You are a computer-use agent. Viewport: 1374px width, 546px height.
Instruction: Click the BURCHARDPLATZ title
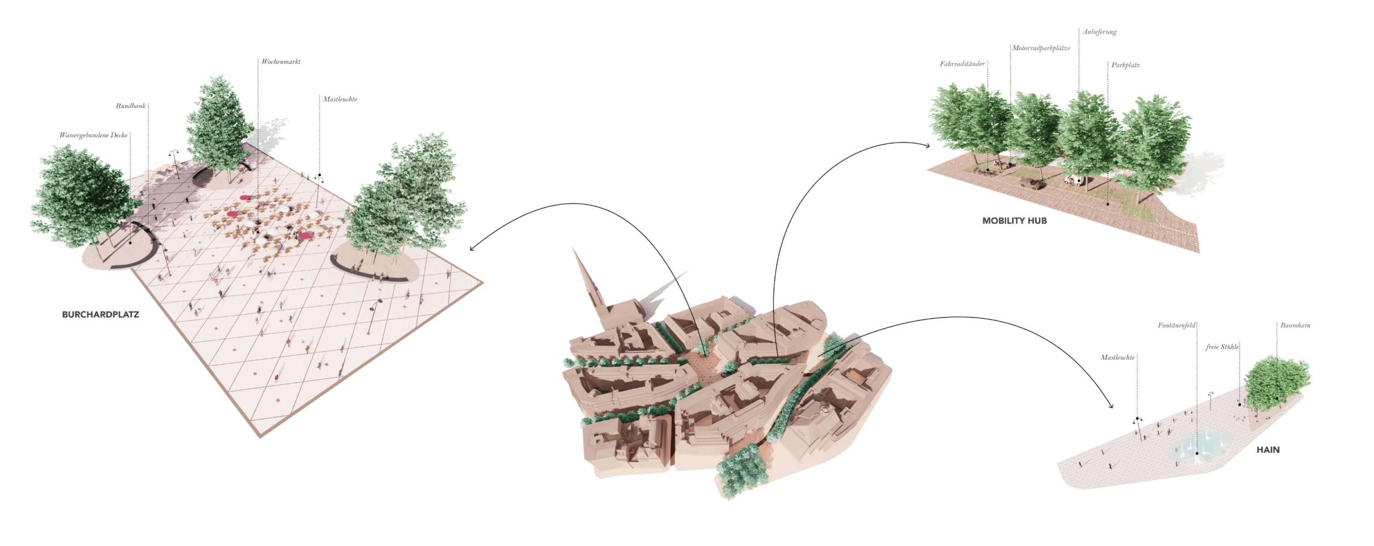100,314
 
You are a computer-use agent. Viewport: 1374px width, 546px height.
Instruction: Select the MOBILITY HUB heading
1014,220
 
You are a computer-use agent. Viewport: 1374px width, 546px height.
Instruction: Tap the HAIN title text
1268,449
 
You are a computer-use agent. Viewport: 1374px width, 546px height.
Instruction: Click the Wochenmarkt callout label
281,62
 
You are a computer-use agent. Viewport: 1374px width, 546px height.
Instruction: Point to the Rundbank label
130,106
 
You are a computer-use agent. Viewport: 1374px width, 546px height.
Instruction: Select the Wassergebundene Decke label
93,135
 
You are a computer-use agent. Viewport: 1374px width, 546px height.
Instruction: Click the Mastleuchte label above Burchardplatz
340,99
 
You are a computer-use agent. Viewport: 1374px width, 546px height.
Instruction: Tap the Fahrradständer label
962,64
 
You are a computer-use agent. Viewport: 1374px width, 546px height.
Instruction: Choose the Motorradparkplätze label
1041,48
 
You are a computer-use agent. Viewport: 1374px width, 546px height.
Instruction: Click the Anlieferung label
1099,32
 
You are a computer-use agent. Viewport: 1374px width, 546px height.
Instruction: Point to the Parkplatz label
1125,65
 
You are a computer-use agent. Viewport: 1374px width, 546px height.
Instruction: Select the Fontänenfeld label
1176,325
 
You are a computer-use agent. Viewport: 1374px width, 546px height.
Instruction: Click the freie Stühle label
1222,347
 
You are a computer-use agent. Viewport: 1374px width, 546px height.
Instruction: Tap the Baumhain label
1295,325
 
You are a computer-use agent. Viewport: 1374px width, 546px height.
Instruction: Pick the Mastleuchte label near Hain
1117,357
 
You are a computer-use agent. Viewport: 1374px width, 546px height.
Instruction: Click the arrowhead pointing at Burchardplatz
472,248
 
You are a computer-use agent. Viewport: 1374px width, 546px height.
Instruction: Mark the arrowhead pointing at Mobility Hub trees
927,145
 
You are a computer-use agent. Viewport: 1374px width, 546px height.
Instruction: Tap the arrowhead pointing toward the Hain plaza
1110,405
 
